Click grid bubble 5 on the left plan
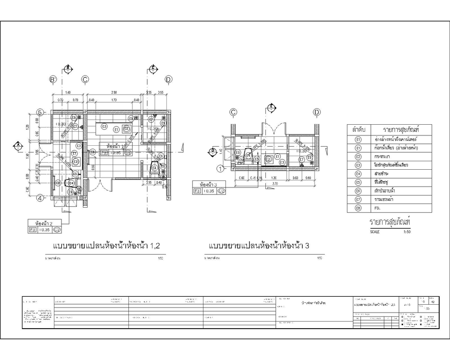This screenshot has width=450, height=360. (40, 112)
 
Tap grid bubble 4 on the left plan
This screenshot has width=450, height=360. (40, 198)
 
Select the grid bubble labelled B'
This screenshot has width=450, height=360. (53, 80)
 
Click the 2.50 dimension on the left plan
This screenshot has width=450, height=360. (113, 92)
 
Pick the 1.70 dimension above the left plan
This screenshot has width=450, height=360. (113, 100)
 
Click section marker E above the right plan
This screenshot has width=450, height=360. (271, 107)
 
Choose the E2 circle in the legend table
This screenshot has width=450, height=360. (359, 157)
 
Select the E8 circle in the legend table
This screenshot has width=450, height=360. (359, 208)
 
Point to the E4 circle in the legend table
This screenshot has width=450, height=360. (359, 173)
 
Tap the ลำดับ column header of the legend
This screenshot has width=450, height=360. (359, 129)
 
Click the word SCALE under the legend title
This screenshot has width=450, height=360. (375, 232)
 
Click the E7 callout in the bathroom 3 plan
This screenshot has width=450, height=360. (302, 159)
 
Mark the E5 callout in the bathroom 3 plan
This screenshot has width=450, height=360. (257, 159)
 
